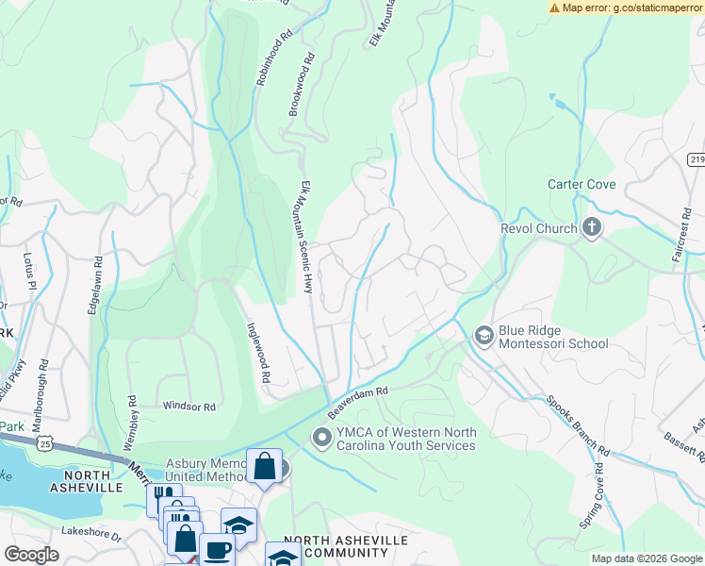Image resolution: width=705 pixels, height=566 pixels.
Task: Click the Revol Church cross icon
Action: [591, 227]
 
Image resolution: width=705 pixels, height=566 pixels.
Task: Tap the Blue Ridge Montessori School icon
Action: [484, 335]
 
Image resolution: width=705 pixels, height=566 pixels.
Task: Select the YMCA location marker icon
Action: [321, 436]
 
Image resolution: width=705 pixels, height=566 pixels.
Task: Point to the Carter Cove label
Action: [582, 184]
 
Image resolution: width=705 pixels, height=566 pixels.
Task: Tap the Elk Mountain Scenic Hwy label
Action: [305, 237]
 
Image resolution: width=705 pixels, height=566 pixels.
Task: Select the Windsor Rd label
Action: [189, 407]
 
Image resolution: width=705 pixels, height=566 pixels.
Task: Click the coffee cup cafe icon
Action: [217, 550]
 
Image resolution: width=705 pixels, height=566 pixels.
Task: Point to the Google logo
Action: [31, 555]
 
